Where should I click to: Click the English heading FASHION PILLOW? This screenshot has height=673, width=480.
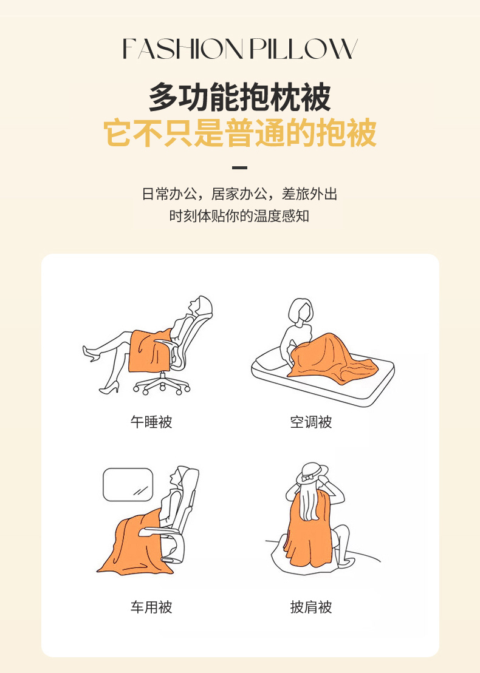pos(240,49)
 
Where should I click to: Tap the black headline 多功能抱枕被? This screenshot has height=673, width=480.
pos(240,98)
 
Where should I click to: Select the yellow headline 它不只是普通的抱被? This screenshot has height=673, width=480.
pos(240,133)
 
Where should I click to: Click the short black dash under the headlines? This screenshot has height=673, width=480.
pos(240,167)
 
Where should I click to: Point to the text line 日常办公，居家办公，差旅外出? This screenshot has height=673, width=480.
pos(240,194)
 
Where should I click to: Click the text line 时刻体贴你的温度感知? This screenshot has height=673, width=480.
pos(240,216)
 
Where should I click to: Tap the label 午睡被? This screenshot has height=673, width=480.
pos(151,422)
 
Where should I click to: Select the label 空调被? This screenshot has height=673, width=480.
pos(311,422)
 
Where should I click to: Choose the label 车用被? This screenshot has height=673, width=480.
pos(151,607)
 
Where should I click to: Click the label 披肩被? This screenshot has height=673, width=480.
pos(311,607)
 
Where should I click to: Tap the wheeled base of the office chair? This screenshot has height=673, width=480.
pos(162,384)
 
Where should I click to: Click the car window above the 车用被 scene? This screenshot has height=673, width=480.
pos(128,485)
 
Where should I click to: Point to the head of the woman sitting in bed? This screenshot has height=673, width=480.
pos(301,310)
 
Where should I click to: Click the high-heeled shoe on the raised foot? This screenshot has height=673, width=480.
pos(91,353)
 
